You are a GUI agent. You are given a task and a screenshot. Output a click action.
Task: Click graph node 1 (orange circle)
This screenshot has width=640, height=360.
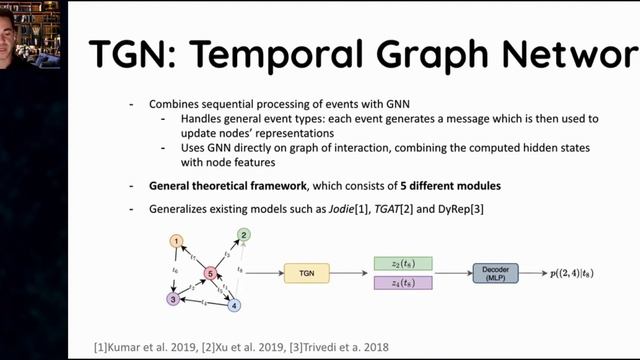click(x=176, y=241)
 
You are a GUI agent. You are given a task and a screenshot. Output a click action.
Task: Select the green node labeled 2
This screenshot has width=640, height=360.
click(x=242, y=235)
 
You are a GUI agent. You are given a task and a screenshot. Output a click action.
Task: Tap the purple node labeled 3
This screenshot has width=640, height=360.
click(x=174, y=298)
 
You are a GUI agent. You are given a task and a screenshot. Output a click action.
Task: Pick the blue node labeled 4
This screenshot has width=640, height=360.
click(x=235, y=305)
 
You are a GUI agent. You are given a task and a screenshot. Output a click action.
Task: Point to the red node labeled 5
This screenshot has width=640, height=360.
click(x=210, y=272)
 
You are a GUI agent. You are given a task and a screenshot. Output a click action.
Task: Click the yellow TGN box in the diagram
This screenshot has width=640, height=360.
click(x=307, y=272)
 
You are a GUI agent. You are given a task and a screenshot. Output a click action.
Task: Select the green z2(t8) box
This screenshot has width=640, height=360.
click(x=402, y=263)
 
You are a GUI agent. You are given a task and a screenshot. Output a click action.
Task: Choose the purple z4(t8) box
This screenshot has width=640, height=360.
click(x=402, y=284)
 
